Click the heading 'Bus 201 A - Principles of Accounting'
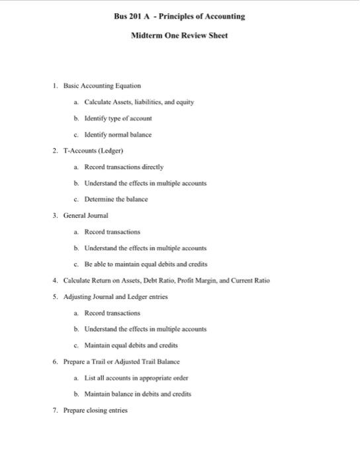(x=179, y=16)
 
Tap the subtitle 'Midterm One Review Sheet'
(x=179, y=35)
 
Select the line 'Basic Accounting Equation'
(x=102, y=86)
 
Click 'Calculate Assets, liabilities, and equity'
(x=139, y=102)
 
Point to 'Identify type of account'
(x=118, y=118)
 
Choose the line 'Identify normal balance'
(x=118, y=134)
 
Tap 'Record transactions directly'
(x=124, y=167)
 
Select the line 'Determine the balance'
(x=116, y=199)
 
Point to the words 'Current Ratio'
(x=251, y=280)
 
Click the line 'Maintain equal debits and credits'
(x=131, y=345)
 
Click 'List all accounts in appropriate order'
(x=136, y=378)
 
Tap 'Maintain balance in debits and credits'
(x=138, y=394)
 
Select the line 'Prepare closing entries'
(x=95, y=410)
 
